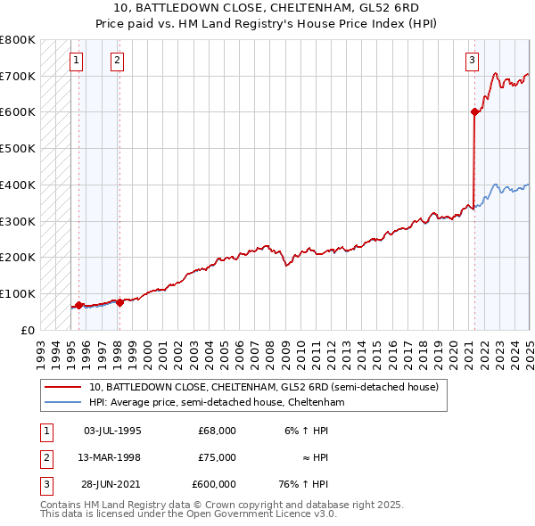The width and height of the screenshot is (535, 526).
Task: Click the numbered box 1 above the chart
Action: pyautogui.click(x=77, y=61)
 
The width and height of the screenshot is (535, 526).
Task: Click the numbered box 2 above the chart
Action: pyautogui.click(x=118, y=61)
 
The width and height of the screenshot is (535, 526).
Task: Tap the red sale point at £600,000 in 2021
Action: pyautogui.click(x=474, y=111)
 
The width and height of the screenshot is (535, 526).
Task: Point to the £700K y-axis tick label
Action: pyautogui.click(x=18, y=76)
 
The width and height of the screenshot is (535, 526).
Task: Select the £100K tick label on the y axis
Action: pyautogui.click(x=18, y=293)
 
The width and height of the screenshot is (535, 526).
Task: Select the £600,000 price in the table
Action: pyautogui.click(x=213, y=484)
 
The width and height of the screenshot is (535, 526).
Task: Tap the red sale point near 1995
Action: pyautogui.click(x=78, y=305)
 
